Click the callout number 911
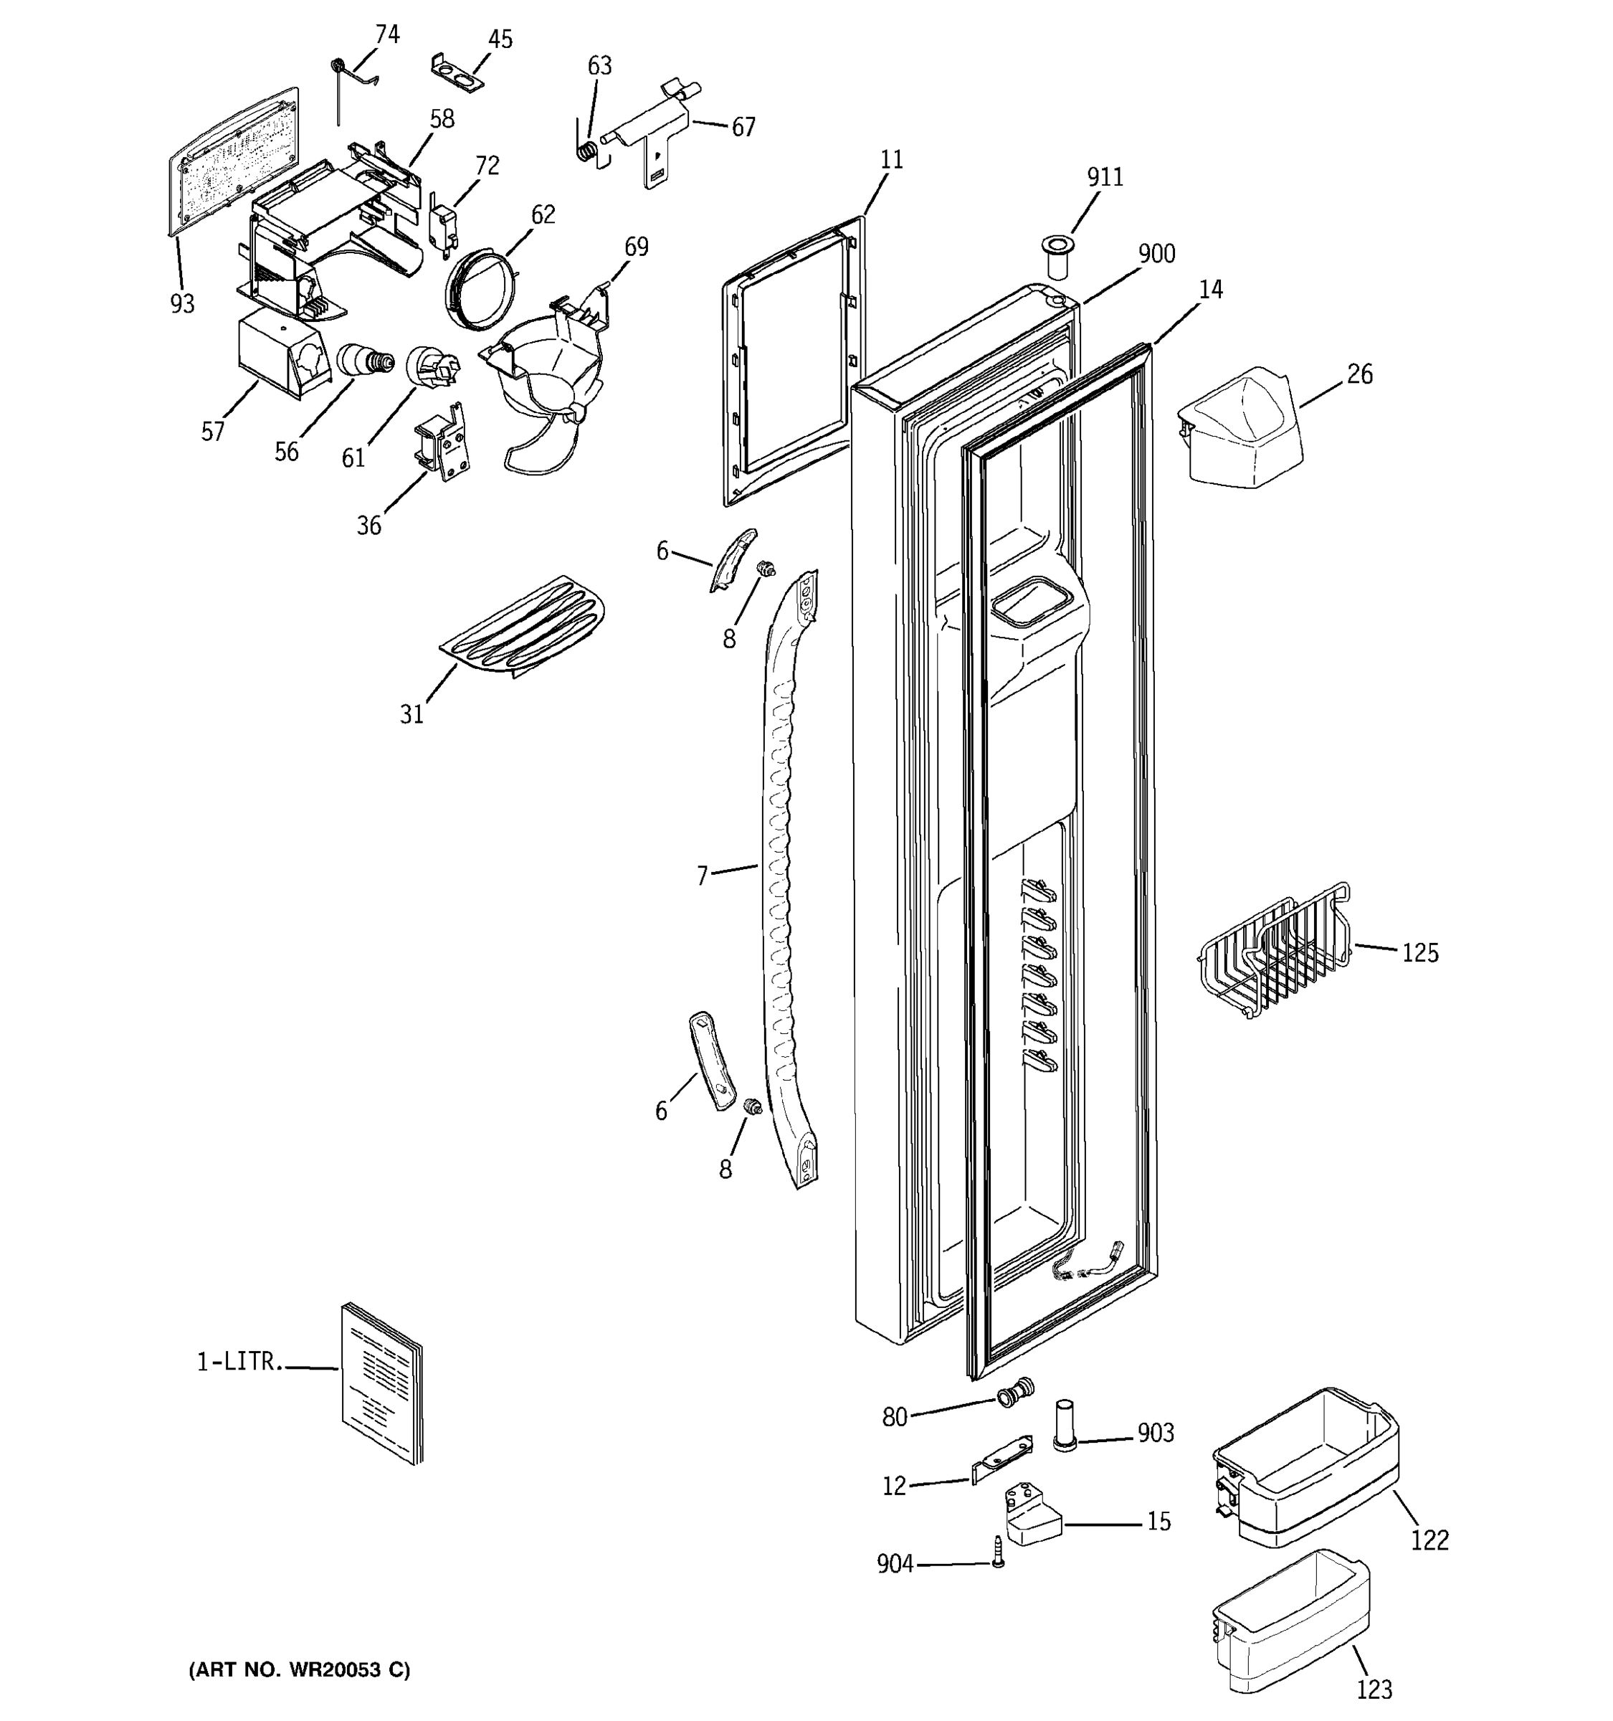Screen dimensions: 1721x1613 pos(1105,177)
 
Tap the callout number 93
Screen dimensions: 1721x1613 pos(181,304)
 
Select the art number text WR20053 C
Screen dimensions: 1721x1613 pos(300,1670)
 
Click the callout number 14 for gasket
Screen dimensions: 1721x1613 pos(1211,290)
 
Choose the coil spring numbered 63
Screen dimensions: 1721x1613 pos(586,151)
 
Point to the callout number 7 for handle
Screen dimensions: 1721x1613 pos(703,876)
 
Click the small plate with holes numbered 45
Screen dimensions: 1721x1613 pos(457,72)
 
